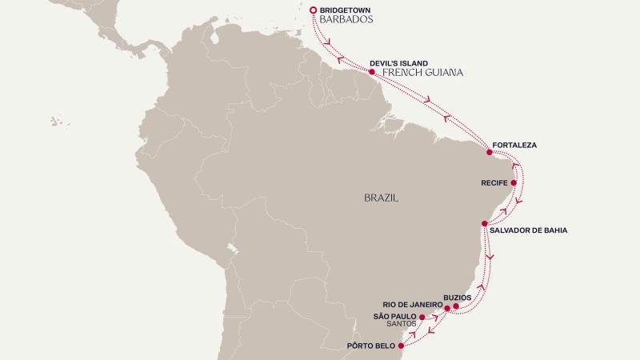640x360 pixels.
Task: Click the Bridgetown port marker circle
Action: (x=313, y=10)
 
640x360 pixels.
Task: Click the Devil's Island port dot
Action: (x=372, y=72)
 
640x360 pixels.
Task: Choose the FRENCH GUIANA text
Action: (x=423, y=73)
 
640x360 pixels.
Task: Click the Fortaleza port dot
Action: (x=490, y=150)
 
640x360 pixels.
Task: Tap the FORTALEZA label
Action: (x=514, y=146)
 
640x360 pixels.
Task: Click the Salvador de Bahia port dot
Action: (x=485, y=222)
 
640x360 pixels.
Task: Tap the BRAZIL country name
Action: (x=381, y=197)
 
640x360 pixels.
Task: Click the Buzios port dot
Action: (x=456, y=306)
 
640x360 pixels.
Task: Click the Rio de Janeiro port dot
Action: (x=447, y=309)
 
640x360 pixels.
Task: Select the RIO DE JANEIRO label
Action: (x=413, y=305)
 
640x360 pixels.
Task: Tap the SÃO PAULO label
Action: (x=395, y=317)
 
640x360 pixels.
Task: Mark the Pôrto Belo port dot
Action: (x=401, y=346)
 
